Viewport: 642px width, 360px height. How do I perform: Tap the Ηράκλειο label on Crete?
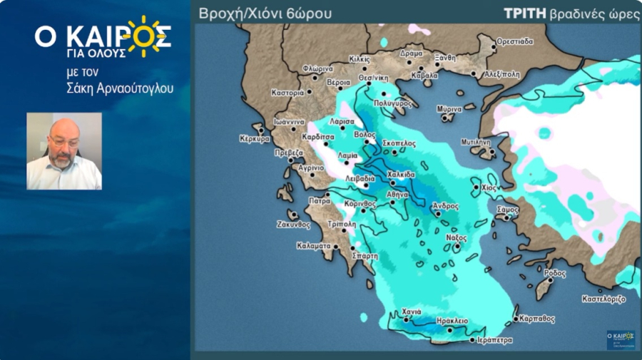click(x=453, y=321)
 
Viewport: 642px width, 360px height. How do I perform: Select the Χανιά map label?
click(x=412, y=312)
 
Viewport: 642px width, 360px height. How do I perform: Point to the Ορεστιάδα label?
click(x=514, y=41)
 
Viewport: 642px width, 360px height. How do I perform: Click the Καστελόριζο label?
click(x=603, y=299)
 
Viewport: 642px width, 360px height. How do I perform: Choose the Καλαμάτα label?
click(x=313, y=246)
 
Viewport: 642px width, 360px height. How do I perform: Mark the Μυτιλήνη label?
click(x=477, y=142)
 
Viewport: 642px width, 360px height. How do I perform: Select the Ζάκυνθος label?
click(x=294, y=224)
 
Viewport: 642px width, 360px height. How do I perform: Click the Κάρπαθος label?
click(x=537, y=319)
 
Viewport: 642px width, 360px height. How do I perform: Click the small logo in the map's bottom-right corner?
click(x=620, y=339)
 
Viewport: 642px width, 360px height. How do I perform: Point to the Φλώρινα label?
click(x=318, y=69)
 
